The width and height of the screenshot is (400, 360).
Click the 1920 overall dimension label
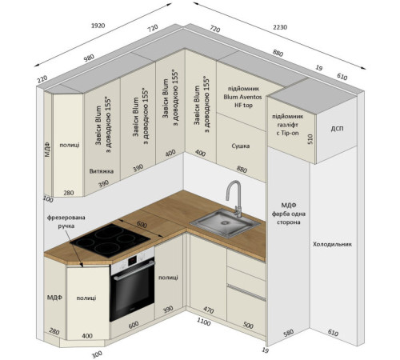[x=98, y=26]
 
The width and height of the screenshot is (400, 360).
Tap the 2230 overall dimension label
[x=280, y=27]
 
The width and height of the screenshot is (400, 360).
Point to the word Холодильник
[x=332, y=244]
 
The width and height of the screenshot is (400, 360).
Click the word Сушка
[x=241, y=146]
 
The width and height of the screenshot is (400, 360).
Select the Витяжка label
[x=102, y=171]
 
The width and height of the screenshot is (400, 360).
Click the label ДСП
[x=337, y=129]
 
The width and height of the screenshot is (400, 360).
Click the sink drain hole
[x=225, y=222]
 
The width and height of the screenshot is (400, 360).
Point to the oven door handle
[x=134, y=271]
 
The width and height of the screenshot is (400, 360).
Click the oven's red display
[x=133, y=261]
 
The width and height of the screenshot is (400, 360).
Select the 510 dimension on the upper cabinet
[x=310, y=139]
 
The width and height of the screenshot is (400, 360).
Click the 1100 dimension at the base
[x=204, y=322]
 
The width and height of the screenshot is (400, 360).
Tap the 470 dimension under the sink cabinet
[x=209, y=310]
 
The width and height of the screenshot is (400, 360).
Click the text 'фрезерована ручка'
[x=66, y=222]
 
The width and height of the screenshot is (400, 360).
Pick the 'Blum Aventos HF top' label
[x=242, y=101]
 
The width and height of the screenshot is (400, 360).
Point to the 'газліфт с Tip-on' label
[x=287, y=129]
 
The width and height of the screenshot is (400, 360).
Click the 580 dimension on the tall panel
[x=289, y=333]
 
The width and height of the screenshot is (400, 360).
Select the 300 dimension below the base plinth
[x=97, y=354]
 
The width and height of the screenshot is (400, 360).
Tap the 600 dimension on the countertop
[x=142, y=225]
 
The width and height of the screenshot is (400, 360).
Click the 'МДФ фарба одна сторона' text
[x=289, y=214]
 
